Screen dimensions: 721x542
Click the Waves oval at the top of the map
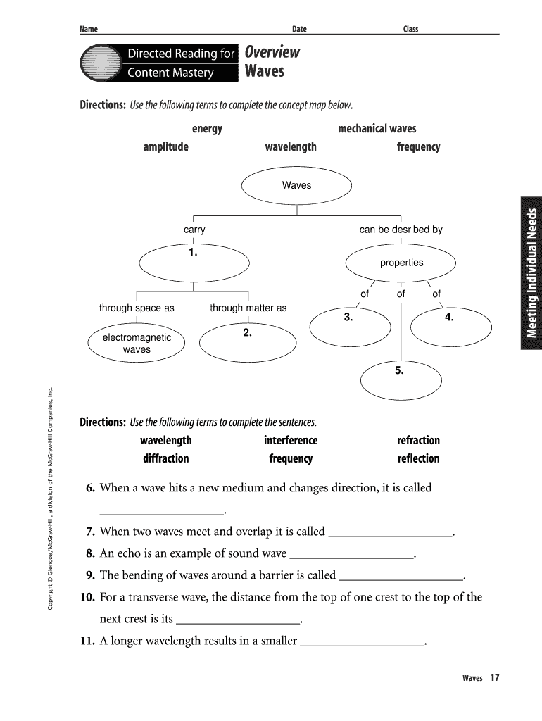[296, 186]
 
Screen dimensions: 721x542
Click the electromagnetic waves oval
[137, 344]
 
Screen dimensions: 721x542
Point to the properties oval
[401, 263]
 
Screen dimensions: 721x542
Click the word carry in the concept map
[194, 230]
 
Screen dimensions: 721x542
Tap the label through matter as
[248, 308]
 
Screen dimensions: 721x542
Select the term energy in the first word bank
[207, 129]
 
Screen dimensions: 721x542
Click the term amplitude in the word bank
[165, 147]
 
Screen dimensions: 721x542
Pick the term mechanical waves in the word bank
[377, 129]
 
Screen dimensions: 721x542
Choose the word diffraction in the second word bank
[165, 458]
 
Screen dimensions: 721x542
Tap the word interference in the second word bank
[291, 441]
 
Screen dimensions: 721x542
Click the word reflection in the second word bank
[418, 458]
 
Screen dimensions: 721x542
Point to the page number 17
[494, 678]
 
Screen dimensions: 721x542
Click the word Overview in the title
[272, 53]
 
